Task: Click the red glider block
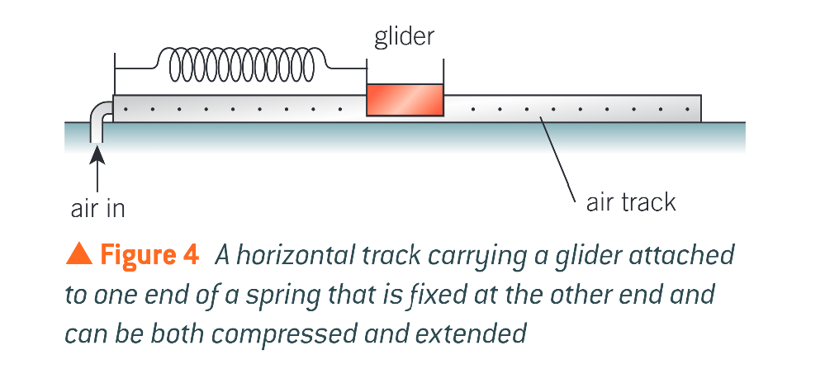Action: click(405, 100)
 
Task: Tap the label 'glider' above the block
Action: click(404, 36)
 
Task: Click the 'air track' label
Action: click(630, 202)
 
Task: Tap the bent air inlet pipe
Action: click(100, 116)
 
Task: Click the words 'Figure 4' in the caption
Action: click(149, 255)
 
